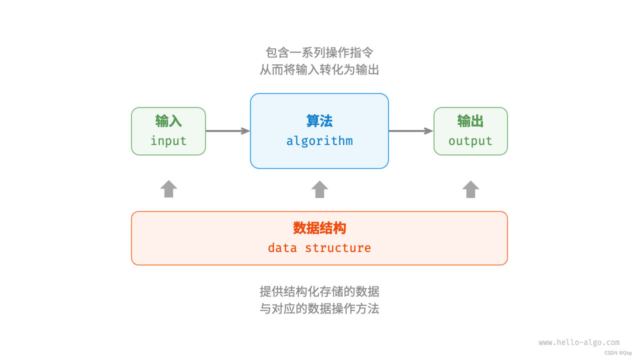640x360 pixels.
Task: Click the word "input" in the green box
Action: point(168,141)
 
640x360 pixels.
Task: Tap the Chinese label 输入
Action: point(168,121)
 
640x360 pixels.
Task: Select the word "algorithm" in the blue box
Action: point(319,141)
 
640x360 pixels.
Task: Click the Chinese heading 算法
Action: point(319,121)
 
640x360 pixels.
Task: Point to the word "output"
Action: point(470,141)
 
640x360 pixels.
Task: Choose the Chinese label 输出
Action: point(470,121)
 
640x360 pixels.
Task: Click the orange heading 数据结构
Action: point(319,228)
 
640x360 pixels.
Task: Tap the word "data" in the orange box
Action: point(282,248)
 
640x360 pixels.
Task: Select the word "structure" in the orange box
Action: point(338,248)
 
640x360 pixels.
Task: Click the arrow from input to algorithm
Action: point(227,131)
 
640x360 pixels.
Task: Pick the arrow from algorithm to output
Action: point(410,131)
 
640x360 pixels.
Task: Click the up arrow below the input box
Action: point(168,189)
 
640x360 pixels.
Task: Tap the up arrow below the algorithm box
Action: point(319,189)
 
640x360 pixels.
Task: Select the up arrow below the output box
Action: point(470,189)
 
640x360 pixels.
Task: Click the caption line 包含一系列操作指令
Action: point(319,52)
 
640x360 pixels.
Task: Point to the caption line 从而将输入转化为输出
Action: point(319,69)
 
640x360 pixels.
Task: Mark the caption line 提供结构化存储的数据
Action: point(319,291)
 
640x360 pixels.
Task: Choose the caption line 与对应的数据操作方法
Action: point(319,308)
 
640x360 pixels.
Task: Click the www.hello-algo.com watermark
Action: point(579,342)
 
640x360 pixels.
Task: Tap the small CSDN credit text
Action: point(618,353)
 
